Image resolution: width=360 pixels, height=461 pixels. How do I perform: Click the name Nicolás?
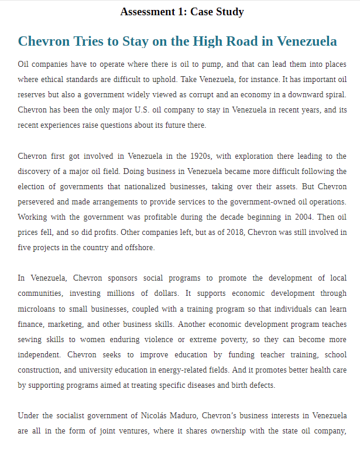click(x=157, y=415)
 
